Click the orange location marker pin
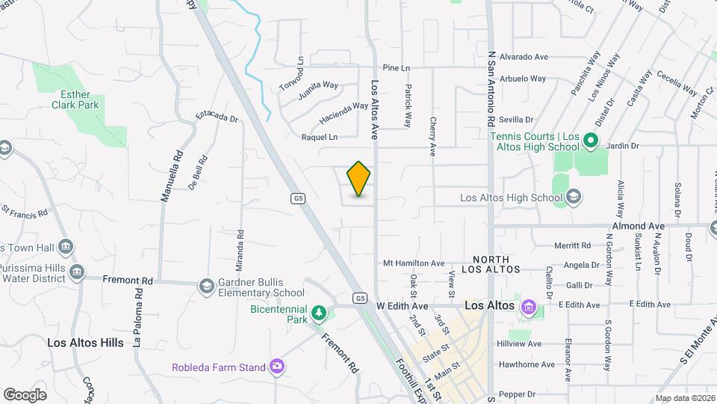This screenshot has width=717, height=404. [x=358, y=179]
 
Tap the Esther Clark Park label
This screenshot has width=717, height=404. [x=75, y=100]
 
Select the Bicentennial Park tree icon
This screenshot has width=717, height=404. [x=319, y=312]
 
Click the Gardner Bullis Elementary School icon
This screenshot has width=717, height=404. [x=205, y=287]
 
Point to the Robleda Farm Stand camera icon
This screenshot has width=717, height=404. [x=277, y=366]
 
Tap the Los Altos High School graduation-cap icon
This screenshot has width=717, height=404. [x=574, y=198]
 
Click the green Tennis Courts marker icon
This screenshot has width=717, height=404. [x=589, y=141]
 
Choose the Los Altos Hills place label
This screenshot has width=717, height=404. [x=85, y=343]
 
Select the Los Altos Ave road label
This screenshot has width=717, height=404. [x=376, y=101]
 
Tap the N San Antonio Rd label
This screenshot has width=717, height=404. [x=491, y=88]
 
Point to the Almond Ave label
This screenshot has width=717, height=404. [x=638, y=225]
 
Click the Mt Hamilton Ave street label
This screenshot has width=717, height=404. [x=413, y=263]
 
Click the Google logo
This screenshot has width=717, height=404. [x=25, y=394]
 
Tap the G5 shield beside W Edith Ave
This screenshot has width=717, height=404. [x=360, y=298]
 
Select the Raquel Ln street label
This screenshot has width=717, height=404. [x=319, y=137]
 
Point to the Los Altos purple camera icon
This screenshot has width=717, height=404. [x=530, y=306]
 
